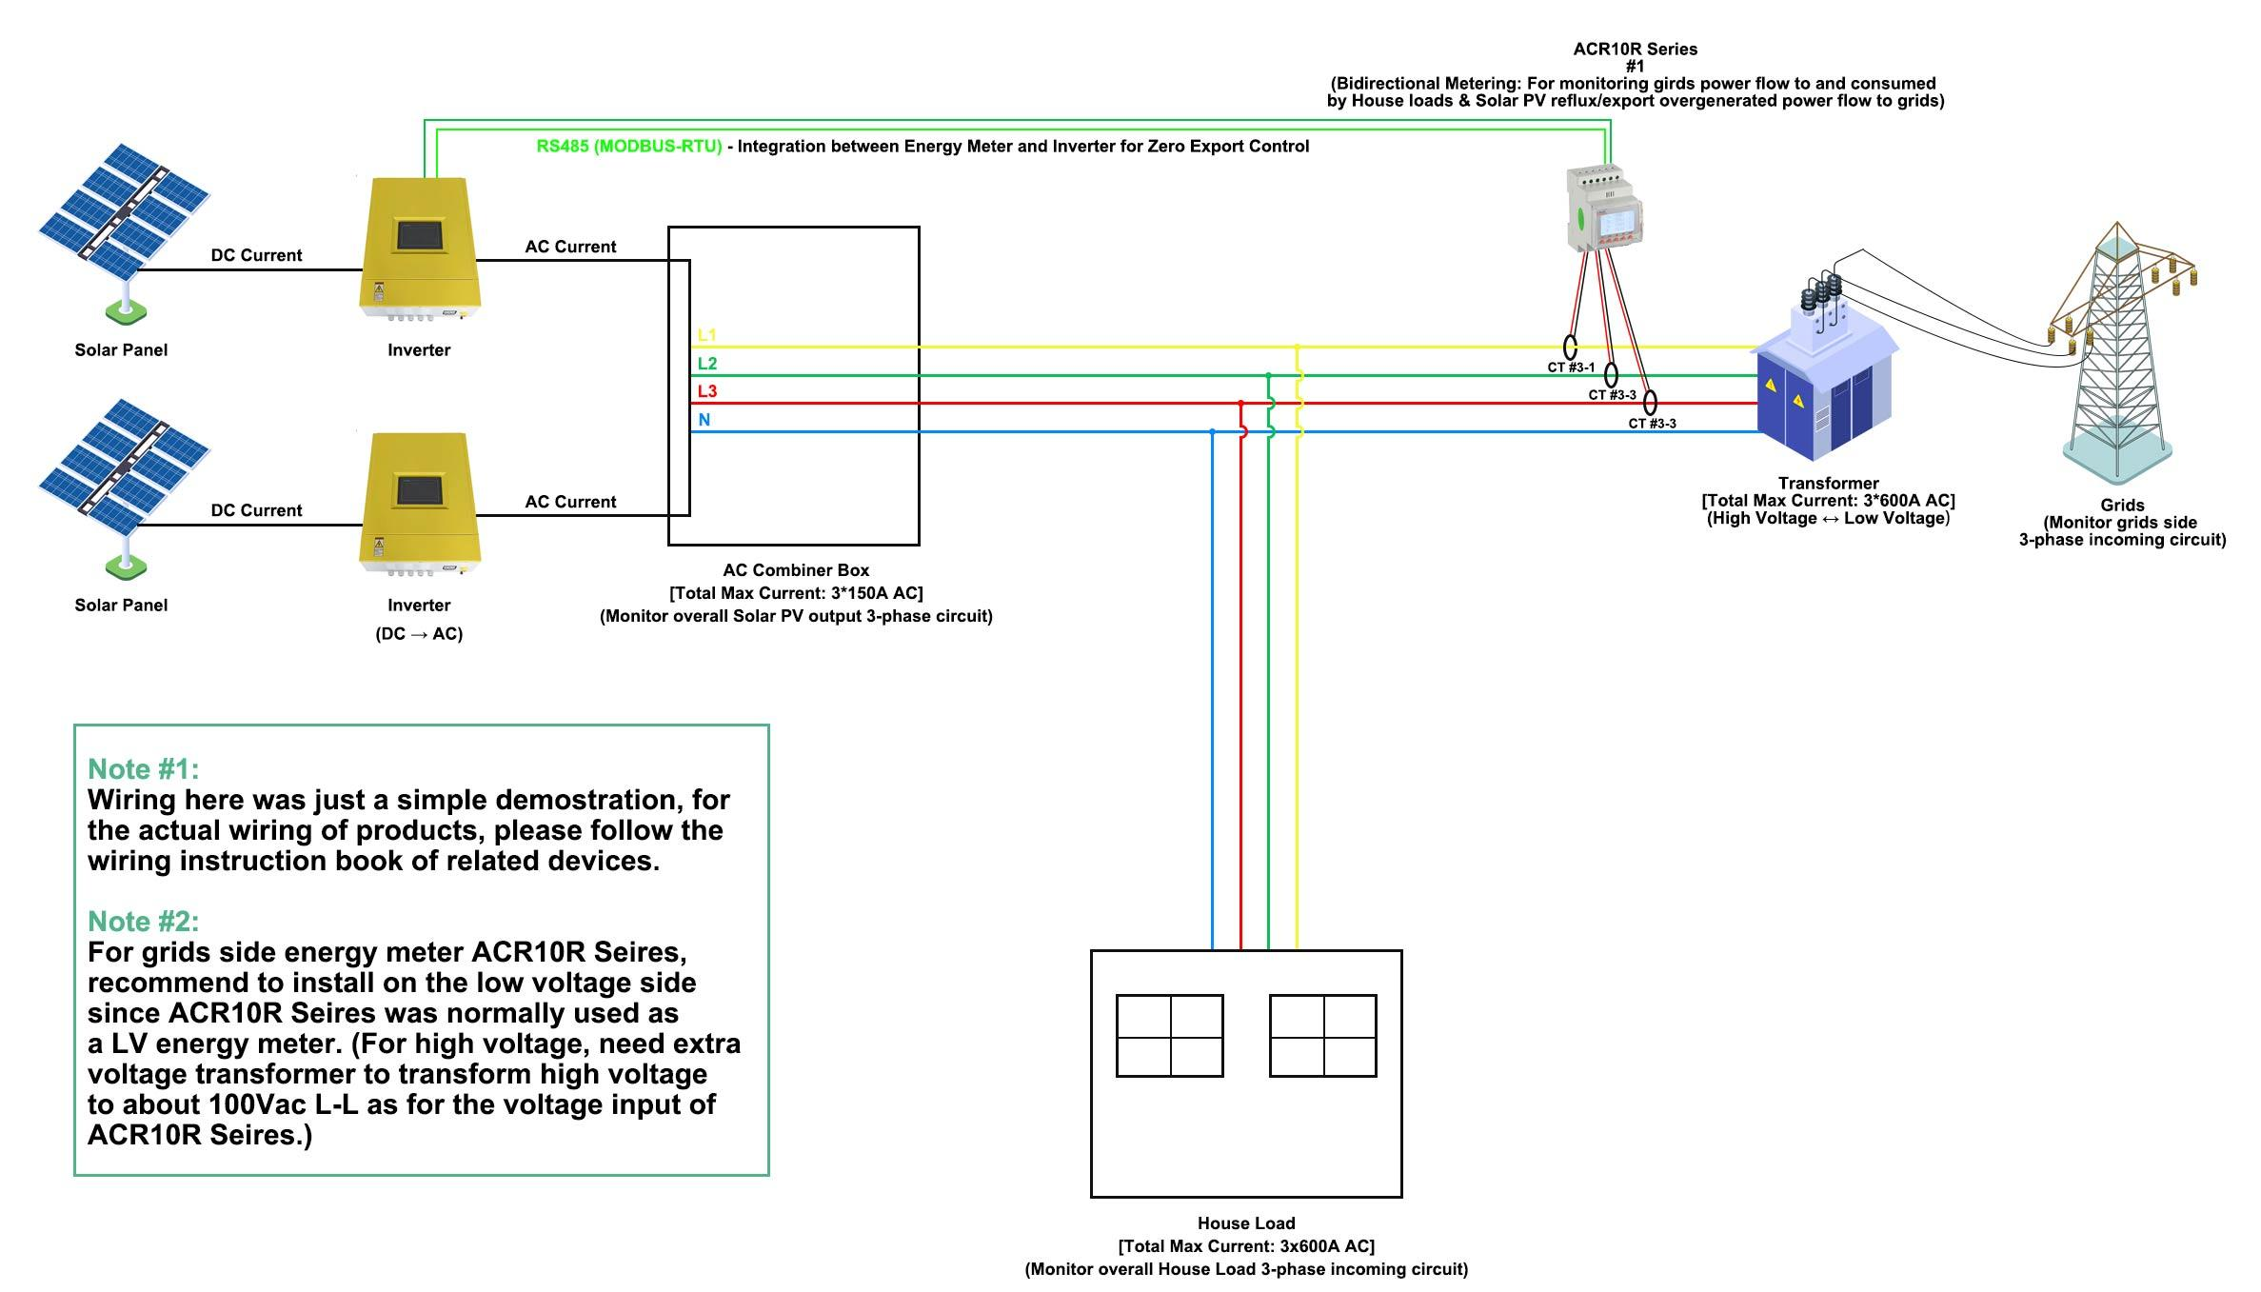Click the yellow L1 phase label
[706, 335]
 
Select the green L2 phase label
[706, 363]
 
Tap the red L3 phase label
[706, 391]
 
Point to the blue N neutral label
[704, 420]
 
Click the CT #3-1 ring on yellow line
[1570, 347]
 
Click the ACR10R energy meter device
[1605, 209]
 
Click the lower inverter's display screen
[419, 491]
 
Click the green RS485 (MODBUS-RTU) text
[628, 147]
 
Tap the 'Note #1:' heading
[143, 769]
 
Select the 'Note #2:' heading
[143, 922]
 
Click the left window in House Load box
[1169, 1036]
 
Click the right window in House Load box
[1322, 1036]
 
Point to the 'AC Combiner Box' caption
[796, 570]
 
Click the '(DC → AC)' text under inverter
[419, 634]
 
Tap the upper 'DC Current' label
[256, 255]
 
